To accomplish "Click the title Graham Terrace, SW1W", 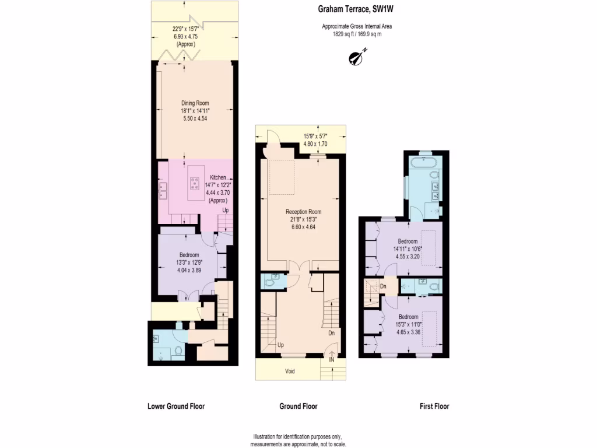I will coord(352,8).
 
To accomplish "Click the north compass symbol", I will coord(355,57).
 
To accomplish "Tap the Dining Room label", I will coord(195,103).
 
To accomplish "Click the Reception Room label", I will coord(303,212).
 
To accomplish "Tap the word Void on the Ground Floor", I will coord(290,372).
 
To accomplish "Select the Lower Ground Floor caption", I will coord(176,407).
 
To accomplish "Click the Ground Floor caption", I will coord(298,407).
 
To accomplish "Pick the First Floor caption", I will coord(434,407).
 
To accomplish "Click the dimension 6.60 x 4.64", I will coord(303,227).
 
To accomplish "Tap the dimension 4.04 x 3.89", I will coord(189,271).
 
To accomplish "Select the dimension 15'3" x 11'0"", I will coord(408,325).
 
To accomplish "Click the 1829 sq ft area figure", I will coord(338,33).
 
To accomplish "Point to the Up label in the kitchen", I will coord(226,210).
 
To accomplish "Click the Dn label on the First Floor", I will coord(382,286).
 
